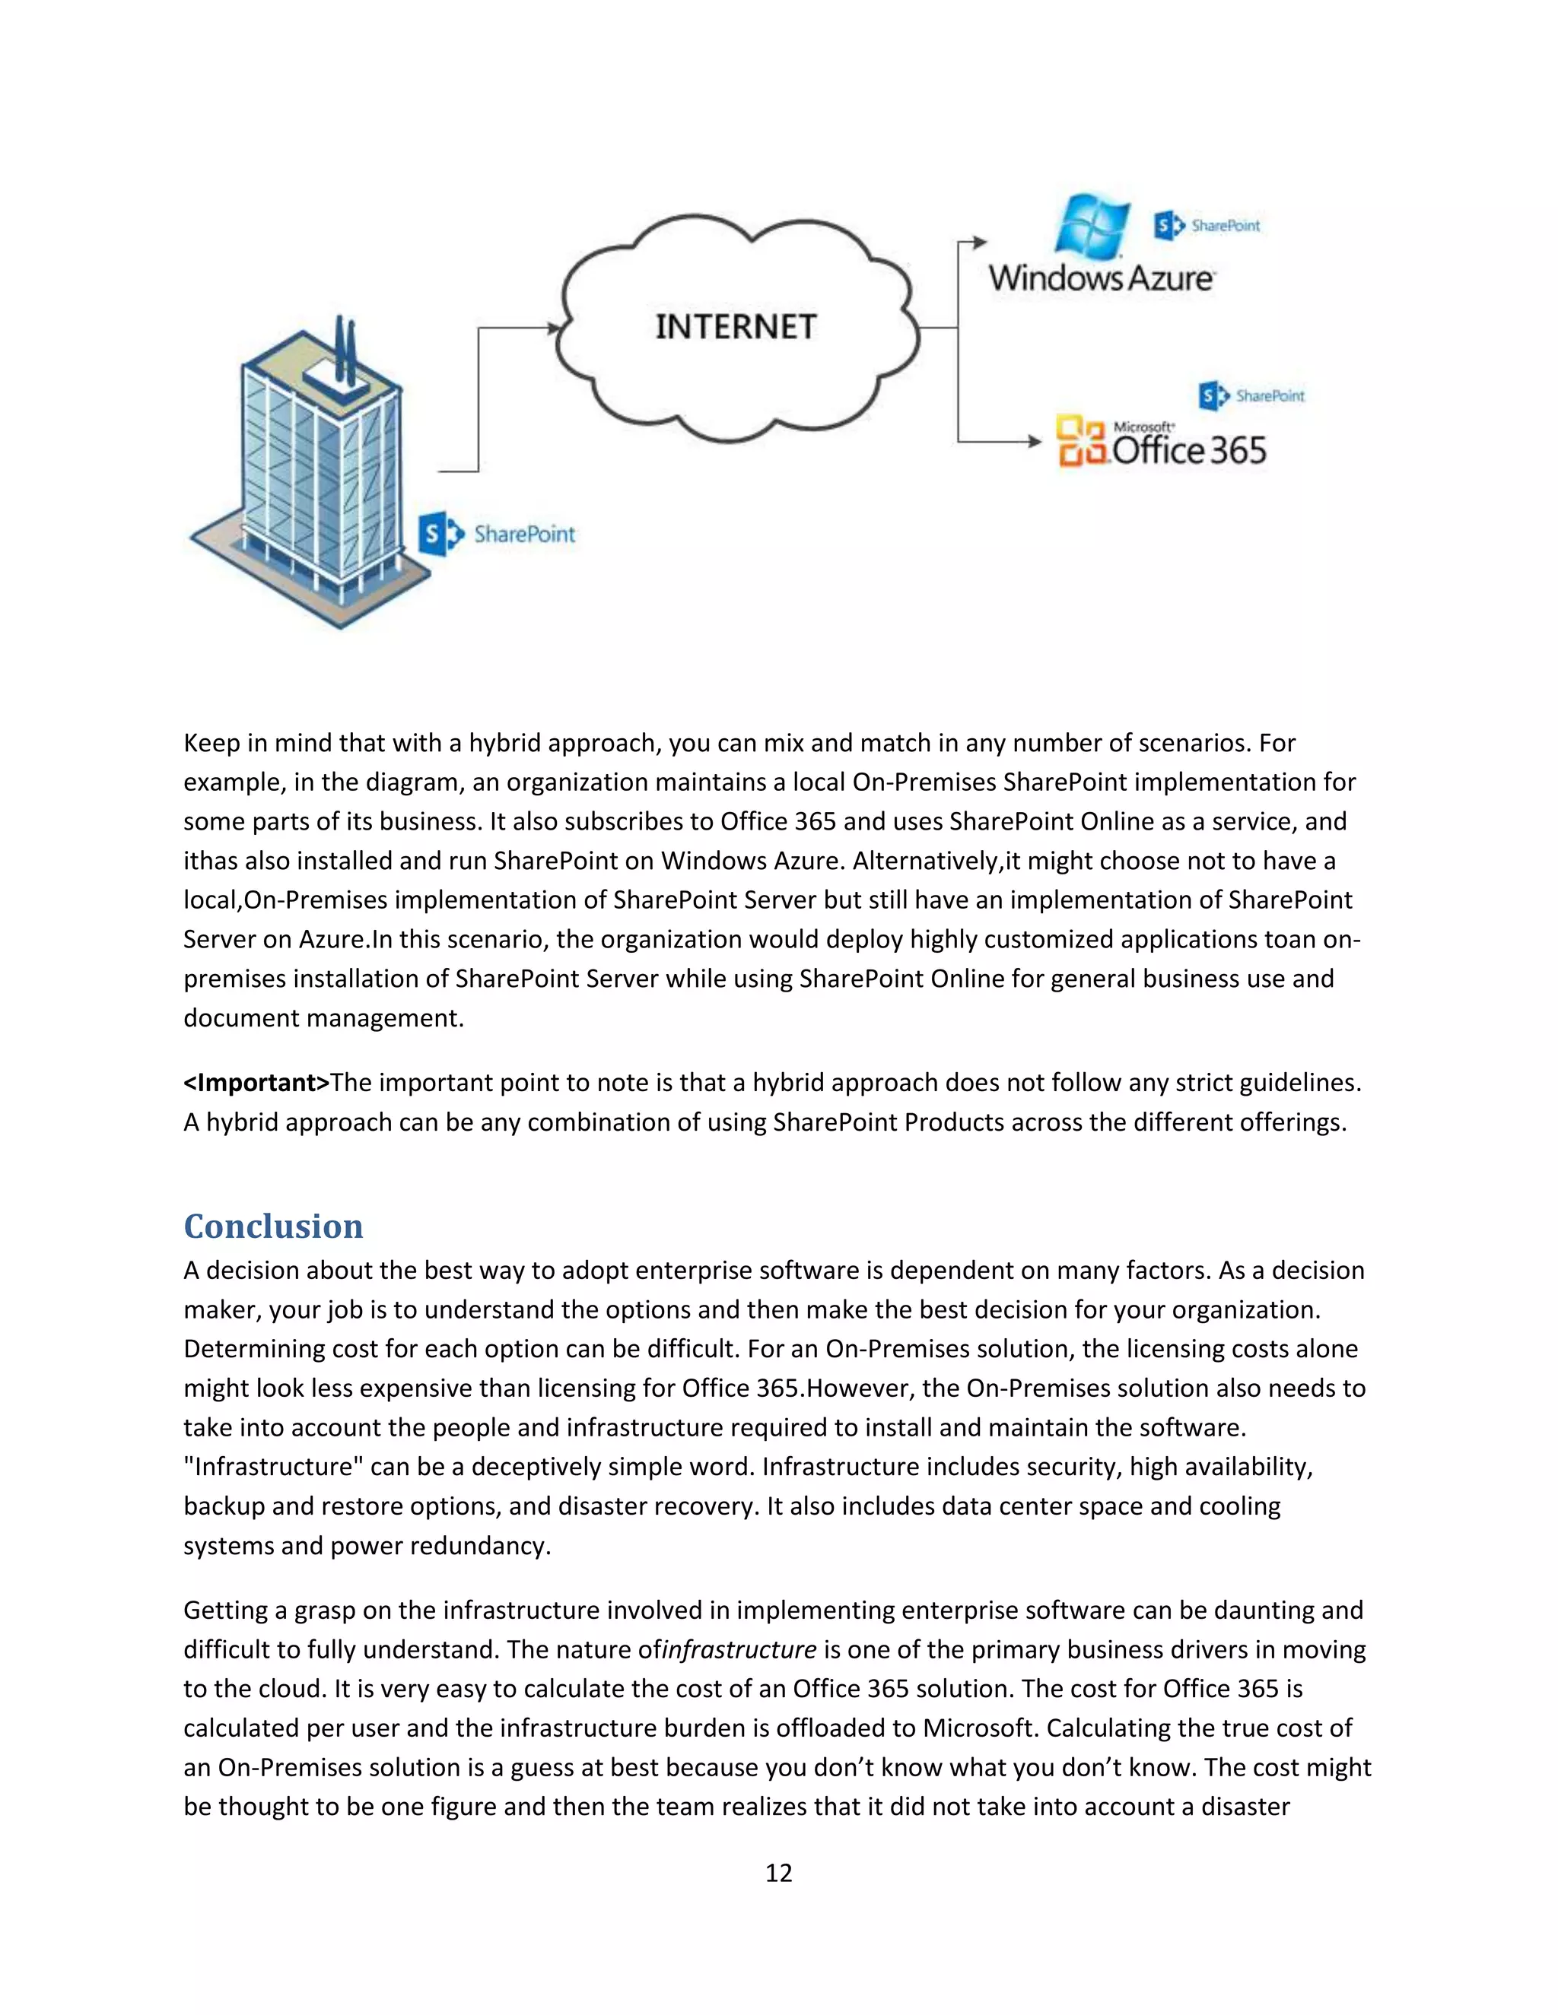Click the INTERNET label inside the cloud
(736, 327)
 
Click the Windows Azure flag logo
(1093, 225)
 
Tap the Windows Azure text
(1101, 277)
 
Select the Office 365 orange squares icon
(1082, 441)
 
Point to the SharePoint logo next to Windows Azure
(1207, 225)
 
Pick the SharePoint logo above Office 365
(1251, 396)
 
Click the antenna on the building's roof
(345, 351)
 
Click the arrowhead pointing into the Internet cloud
(555, 328)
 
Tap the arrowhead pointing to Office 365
(1035, 441)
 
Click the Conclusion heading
(273, 1226)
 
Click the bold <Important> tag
(256, 1082)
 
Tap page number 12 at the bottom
(778, 1872)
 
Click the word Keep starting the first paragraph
(211, 743)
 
